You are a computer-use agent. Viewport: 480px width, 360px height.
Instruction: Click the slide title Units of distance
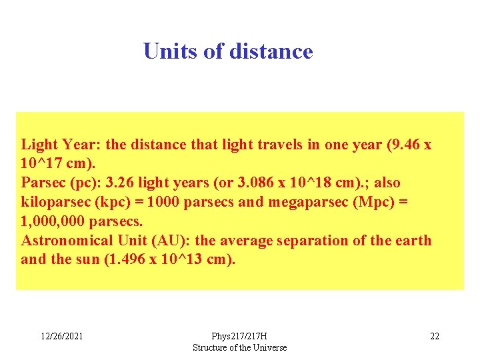[228, 51]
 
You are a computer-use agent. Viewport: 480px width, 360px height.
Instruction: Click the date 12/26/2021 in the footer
[61, 336]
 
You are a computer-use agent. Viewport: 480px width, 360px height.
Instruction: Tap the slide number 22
[434, 336]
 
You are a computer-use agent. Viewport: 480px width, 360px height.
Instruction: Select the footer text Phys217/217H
[239, 336]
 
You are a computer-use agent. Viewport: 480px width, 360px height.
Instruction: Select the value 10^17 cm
[49, 163]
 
